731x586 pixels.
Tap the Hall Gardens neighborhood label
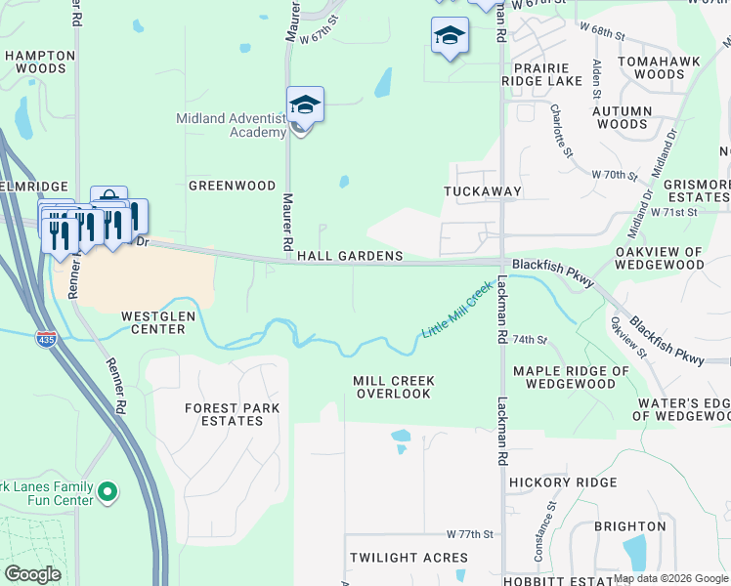click(350, 256)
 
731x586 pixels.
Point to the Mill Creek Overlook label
click(393, 387)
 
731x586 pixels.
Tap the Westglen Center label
click(153, 322)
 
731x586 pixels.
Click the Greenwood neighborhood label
click(233, 185)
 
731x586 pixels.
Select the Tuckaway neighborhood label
click(483, 191)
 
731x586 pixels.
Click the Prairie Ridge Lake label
click(541, 74)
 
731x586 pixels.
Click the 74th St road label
click(529, 339)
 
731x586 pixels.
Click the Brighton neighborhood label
click(629, 525)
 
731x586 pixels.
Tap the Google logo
click(33, 573)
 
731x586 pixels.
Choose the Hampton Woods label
click(40, 63)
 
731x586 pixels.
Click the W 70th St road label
click(615, 174)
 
